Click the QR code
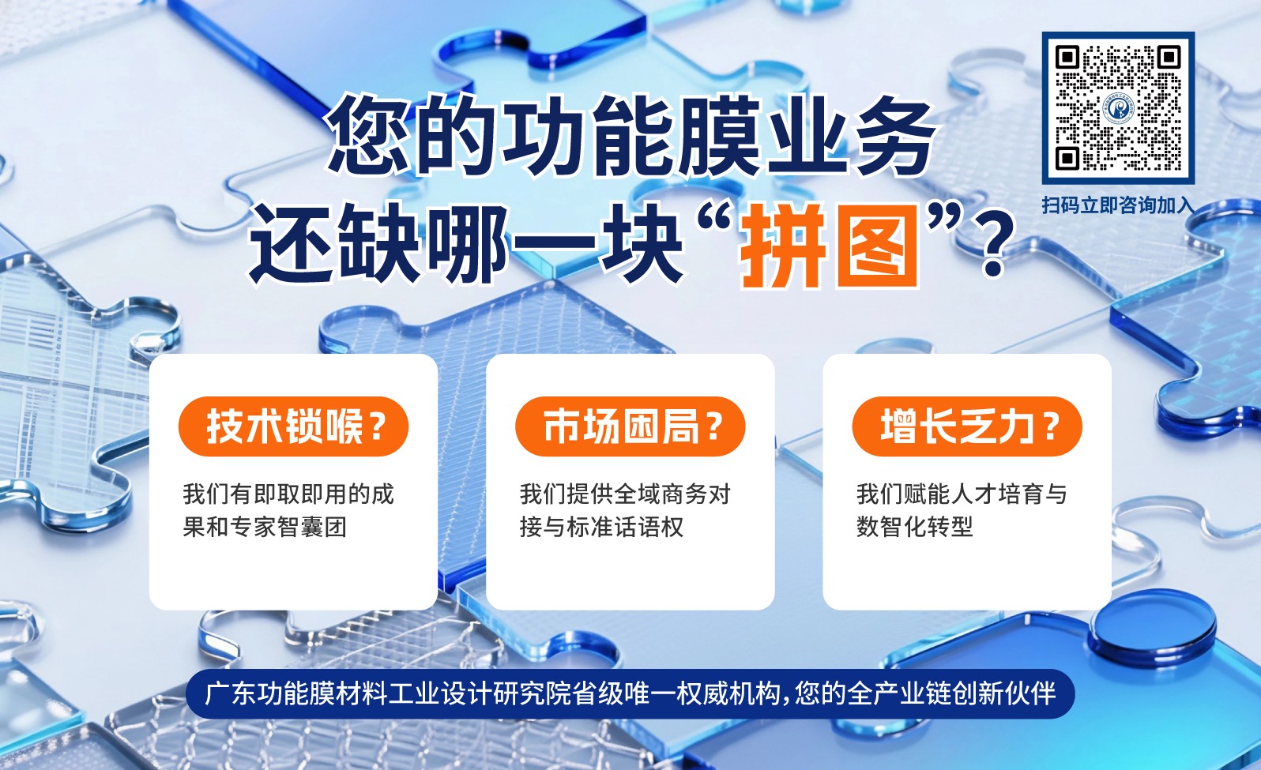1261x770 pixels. click(x=1117, y=108)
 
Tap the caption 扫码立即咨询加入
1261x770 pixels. click(x=1117, y=205)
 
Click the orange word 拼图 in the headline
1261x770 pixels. click(x=830, y=245)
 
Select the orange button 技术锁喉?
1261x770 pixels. click(x=294, y=426)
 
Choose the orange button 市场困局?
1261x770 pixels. click(x=630, y=426)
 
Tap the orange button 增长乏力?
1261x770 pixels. click(x=967, y=426)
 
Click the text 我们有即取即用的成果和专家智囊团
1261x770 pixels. click(x=288, y=510)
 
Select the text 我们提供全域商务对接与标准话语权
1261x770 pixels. click(x=624, y=510)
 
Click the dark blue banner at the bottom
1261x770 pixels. click(x=630, y=693)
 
